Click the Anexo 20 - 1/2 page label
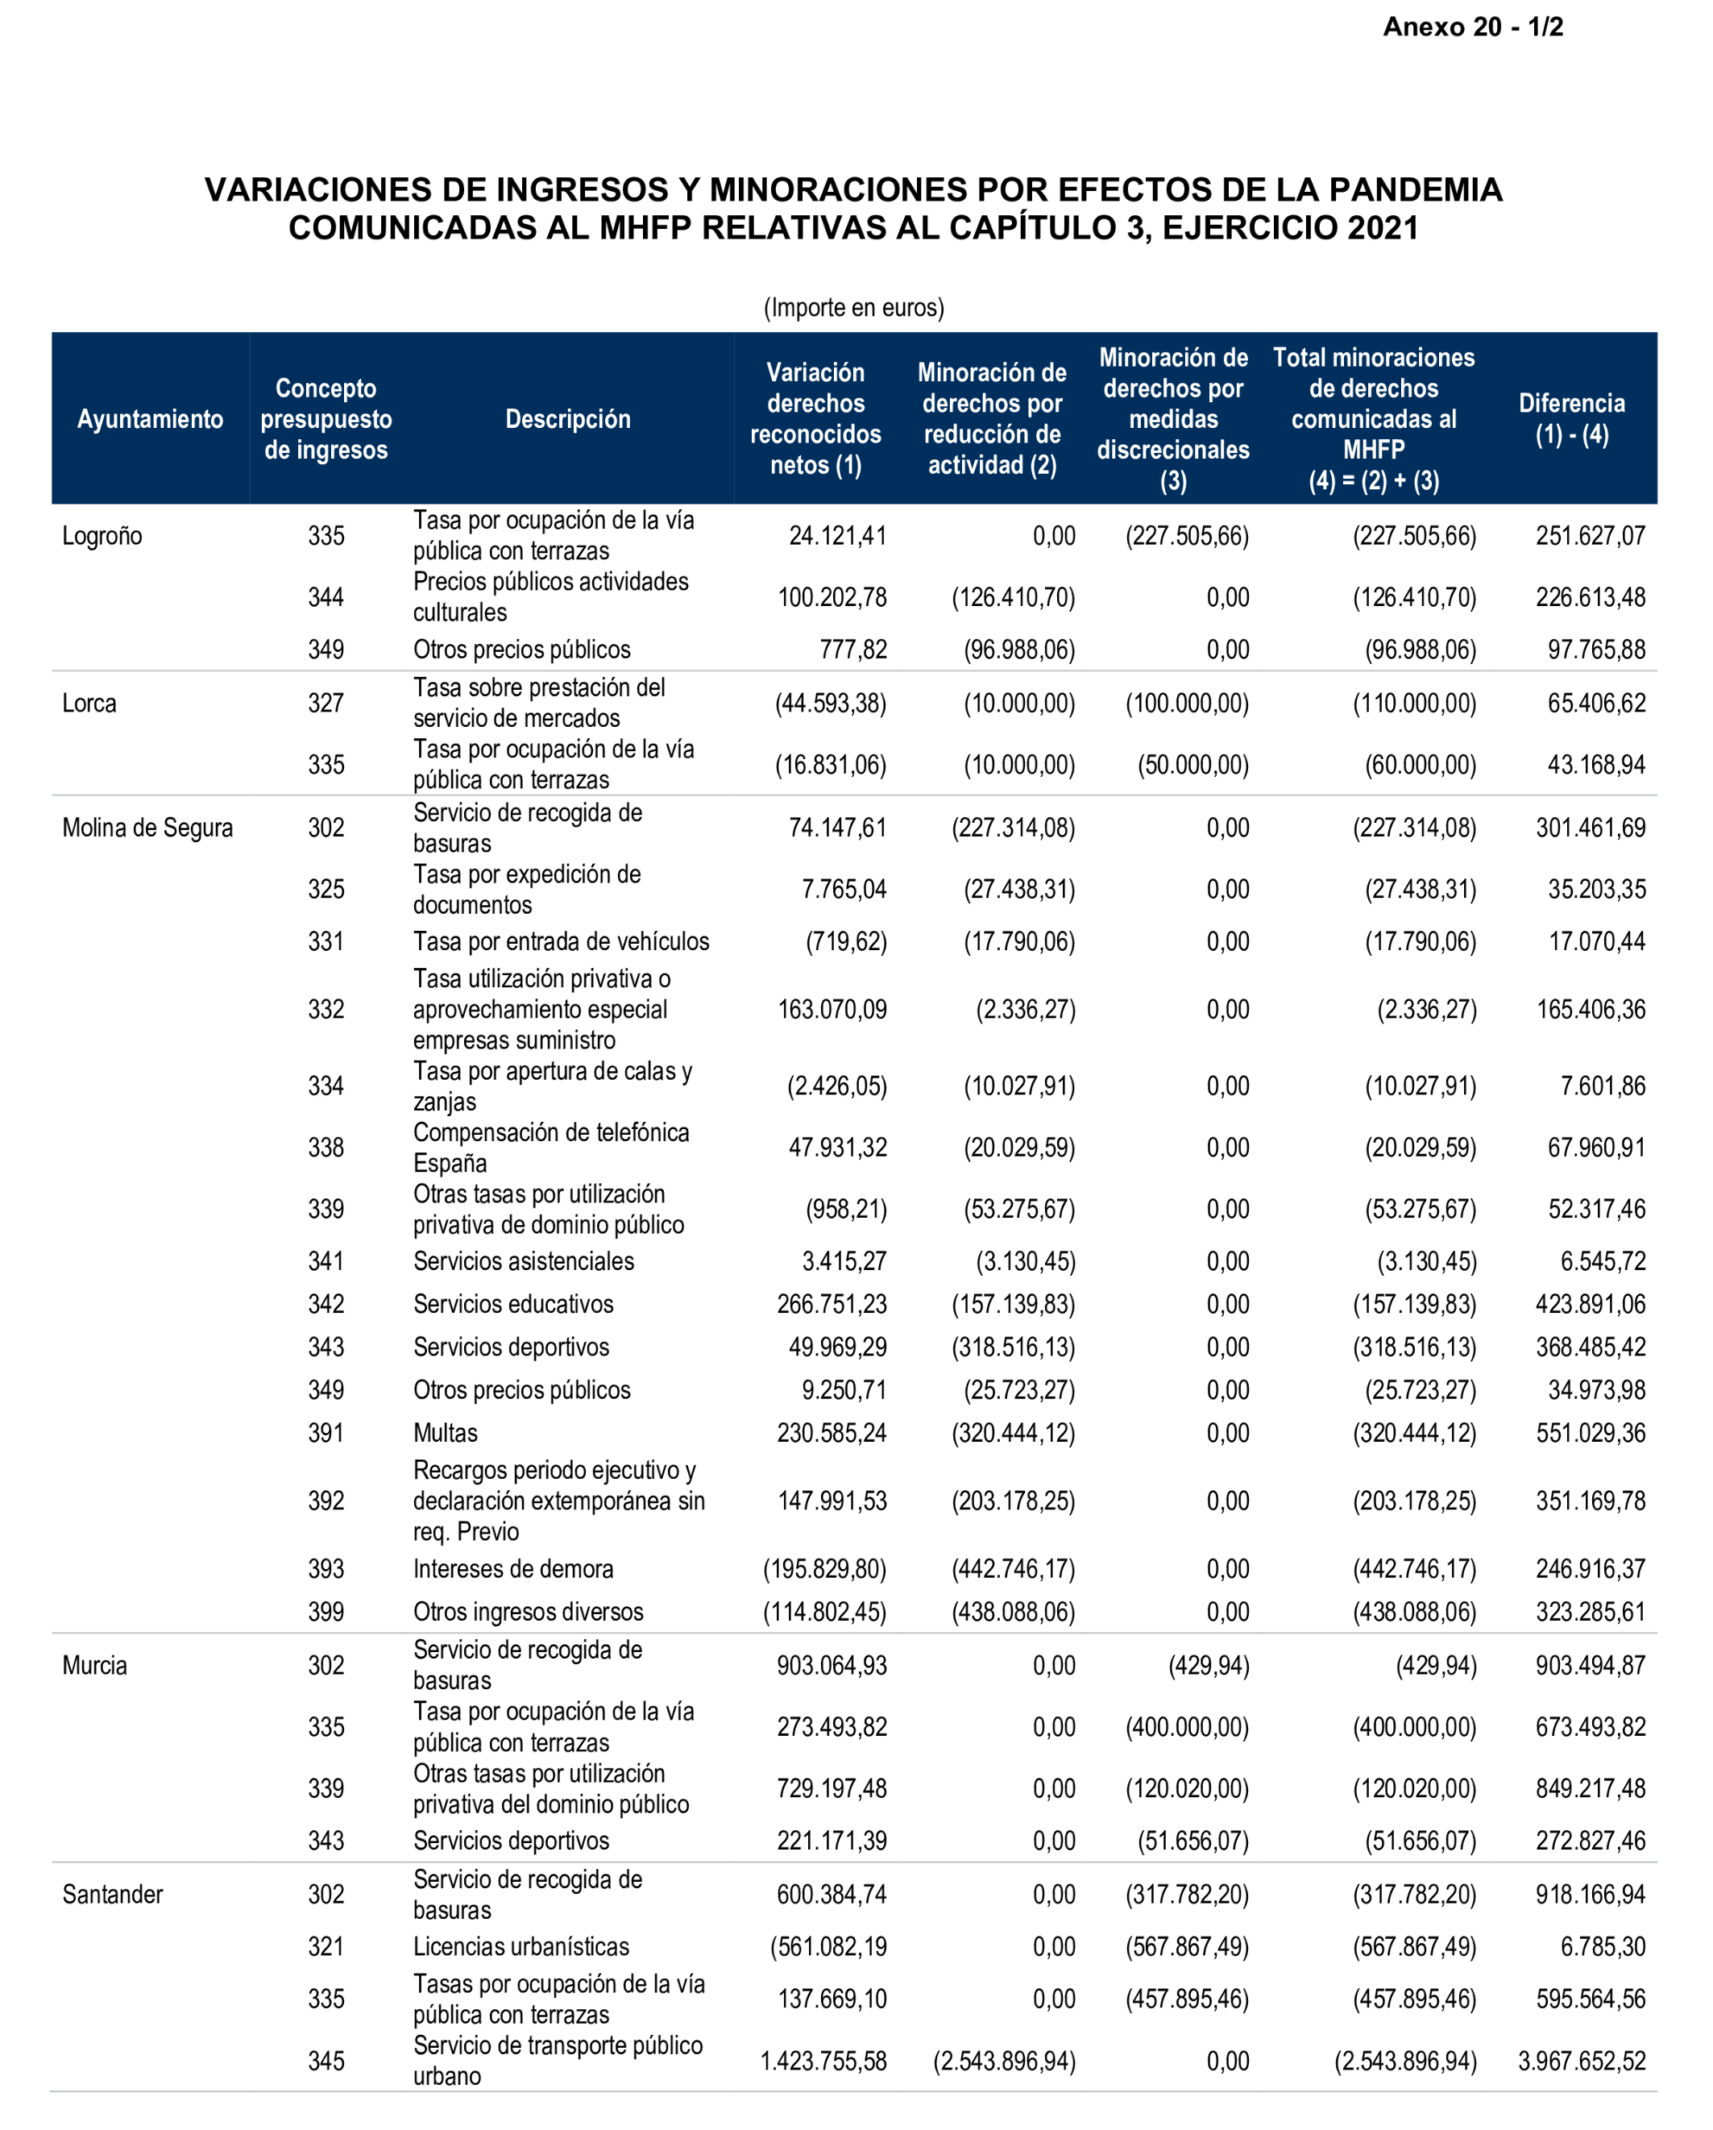pyautogui.click(x=1472, y=27)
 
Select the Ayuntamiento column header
pyautogui.click(x=150, y=419)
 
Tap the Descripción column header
pyautogui.click(x=567, y=419)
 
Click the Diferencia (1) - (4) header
pyautogui.click(x=1570, y=419)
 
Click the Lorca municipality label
pyautogui.click(x=89, y=704)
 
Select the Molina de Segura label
pyautogui.click(x=147, y=828)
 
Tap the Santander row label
pyautogui.click(x=112, y=1894)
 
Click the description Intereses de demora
pyautogui.click(x=512, y=1569)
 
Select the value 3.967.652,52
pyautogui.click(x=1581, y=2061)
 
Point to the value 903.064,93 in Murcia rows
pyautogui.click(x=831, y=1665)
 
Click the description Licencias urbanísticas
pyautogui.click(x=521, y=1946)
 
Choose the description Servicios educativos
pyautogui.click(x=512, y=1304)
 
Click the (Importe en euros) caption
pyautogui.click(x=853, y=307)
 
